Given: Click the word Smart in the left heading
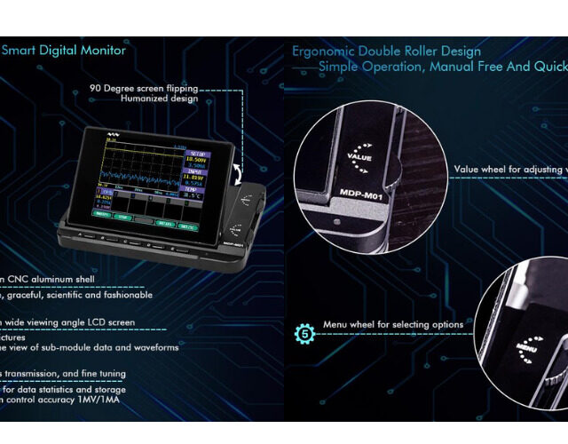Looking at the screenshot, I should point(19,51).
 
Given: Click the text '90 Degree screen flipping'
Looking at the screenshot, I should point(144,88).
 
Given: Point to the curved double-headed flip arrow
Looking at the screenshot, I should point(239,173).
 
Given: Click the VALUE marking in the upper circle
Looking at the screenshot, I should point(359,157).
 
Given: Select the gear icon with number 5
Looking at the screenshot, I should point(304,334).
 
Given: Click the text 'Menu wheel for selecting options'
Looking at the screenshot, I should point(392,325).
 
